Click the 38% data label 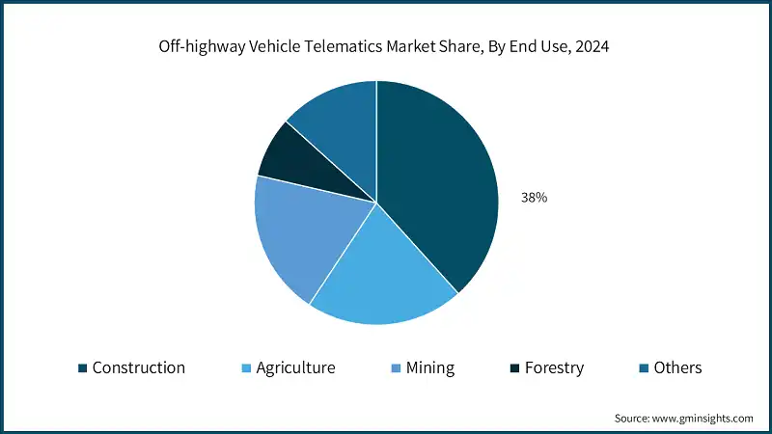coord(535,198)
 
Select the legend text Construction coord(138,367)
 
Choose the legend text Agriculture coord(295,367)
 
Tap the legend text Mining coord(430,367)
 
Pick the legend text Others coord(677,367)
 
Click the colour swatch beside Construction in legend coord(83,368)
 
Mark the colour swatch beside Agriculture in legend coord(246,368)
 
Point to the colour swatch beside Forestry coord(515,368)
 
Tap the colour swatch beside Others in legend coord(644,368)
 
